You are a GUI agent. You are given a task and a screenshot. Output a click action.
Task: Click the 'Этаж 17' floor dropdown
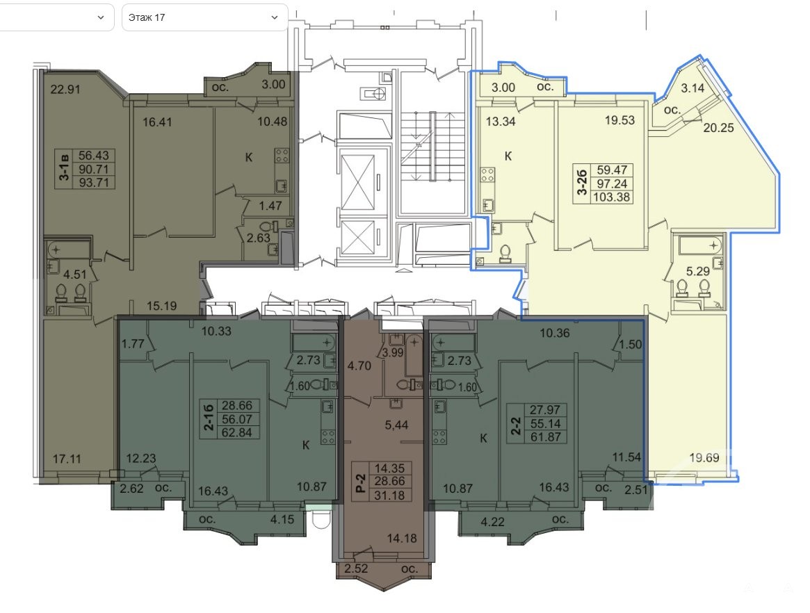point(204,17)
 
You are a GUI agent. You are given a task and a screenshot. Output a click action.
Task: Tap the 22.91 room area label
point(65,90)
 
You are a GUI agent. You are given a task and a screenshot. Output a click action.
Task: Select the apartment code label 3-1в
point(65,168)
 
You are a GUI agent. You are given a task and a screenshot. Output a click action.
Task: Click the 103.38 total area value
point(612,197)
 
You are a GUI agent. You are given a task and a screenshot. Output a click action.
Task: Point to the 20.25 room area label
point(718,127)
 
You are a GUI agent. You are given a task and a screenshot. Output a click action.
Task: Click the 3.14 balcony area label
point(692,88)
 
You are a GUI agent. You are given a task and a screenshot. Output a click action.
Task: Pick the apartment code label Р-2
point(361,482)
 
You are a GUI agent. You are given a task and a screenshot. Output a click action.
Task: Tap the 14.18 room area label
point(401,539)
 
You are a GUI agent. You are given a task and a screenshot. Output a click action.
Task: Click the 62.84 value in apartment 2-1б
point(236,433)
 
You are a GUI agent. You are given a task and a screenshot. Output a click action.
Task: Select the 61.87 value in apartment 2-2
point(546,437)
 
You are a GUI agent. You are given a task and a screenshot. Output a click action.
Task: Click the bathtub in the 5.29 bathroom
point(700,244)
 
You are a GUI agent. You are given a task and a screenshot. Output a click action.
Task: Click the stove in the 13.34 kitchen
point(488,174)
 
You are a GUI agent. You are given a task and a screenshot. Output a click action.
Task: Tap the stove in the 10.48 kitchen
point(282,156)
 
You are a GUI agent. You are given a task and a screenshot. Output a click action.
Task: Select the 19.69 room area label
point(704,457)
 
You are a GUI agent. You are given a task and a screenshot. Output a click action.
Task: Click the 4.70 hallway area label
point(359,366)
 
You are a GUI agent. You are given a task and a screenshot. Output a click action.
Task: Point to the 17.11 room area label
point(67,458)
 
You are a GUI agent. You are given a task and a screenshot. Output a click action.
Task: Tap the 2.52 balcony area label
point(355,569)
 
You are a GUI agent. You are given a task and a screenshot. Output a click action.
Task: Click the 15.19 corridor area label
point(161,306)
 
